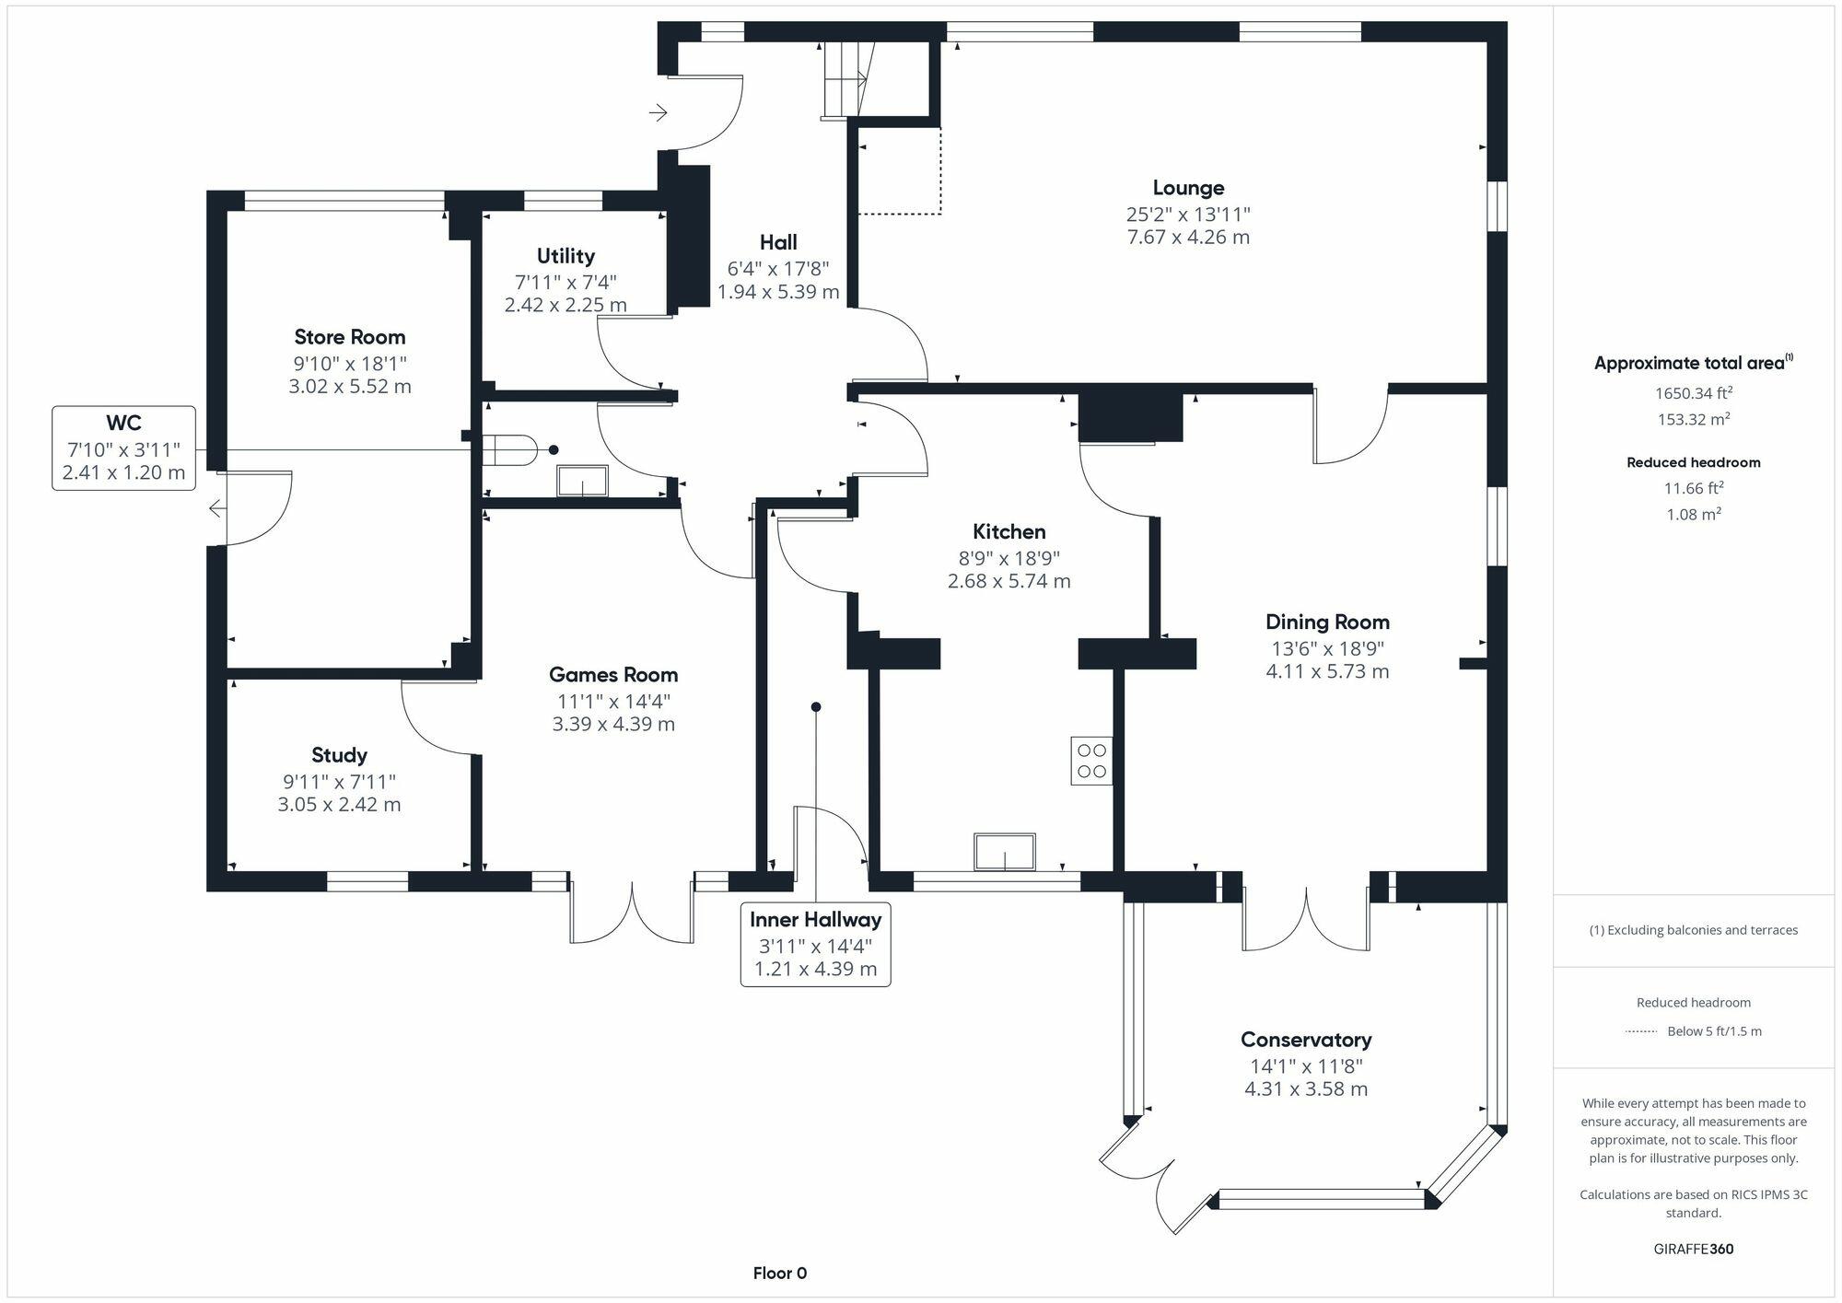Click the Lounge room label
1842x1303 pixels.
click(1188, 188)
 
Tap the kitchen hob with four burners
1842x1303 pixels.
click(1091, 761)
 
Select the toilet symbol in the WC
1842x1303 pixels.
click(512, 450)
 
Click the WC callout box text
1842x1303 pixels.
click(123, 448)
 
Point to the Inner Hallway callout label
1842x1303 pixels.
click(815, 919)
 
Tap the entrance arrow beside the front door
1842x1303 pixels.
click(658, 113)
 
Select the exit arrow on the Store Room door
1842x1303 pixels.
click(215, 507)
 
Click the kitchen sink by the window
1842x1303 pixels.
click(1005, 852)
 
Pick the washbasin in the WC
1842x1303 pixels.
click(582, 481)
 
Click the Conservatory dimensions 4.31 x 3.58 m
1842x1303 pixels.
click(1306, 1089)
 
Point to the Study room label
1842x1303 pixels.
click(339, 755)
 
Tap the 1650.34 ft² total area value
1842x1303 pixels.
click(1693, 393)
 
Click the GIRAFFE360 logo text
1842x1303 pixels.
click(1693, 1249)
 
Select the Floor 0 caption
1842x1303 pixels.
click(779, 1274)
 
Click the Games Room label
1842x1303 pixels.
click(613, 675)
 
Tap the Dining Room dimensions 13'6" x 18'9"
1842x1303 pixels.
click(1326, 648)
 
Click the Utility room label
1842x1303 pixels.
click(565, 256)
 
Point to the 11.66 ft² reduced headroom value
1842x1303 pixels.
click(1693, 488)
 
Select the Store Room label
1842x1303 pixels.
click(350, 337)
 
